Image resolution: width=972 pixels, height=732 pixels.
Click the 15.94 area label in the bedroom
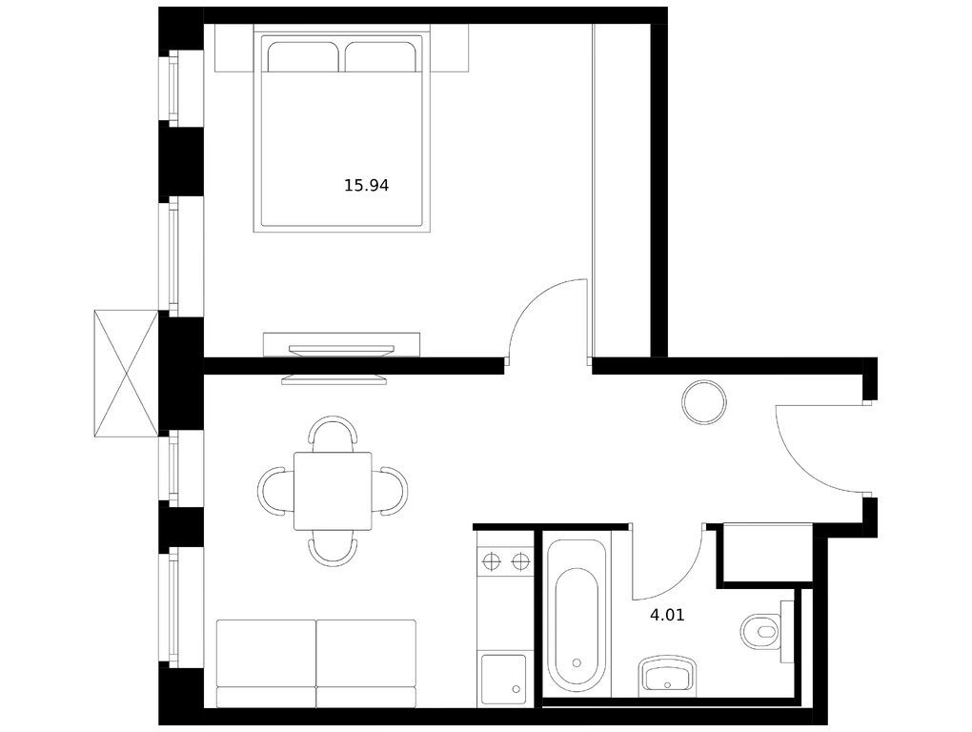pos(366,185)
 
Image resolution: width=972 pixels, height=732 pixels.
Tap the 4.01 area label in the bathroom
pos(667,616)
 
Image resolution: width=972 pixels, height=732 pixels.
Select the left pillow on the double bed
pos(302,57)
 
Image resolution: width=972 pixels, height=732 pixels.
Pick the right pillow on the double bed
pos(379,57)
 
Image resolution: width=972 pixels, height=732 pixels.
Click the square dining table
pos(333,492)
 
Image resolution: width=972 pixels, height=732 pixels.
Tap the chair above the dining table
pos(333,433)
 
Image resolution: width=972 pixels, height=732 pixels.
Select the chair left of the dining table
pos(275,491)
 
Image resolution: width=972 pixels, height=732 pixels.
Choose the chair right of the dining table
pos(391,491)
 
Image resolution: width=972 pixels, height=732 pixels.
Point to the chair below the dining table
pos(333,549)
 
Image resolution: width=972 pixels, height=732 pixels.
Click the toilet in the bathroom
pos(760,631)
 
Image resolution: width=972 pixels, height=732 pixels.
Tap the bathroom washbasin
pos(668,675)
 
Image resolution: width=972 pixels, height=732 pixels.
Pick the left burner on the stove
pos(491,561)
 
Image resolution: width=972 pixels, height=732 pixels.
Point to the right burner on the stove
pos(519,561)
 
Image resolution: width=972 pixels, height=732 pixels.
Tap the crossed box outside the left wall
pos(127,373)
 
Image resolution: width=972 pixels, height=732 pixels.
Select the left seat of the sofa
pos(266,663)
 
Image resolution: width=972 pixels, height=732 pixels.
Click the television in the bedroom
pos(342,351)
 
